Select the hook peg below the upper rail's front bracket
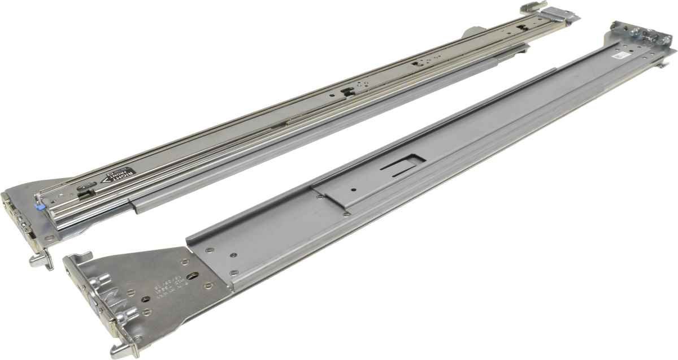[38, 261]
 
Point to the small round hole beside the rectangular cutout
[353, 189]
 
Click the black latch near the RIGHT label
[85, 192]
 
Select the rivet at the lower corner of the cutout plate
[345, 214]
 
